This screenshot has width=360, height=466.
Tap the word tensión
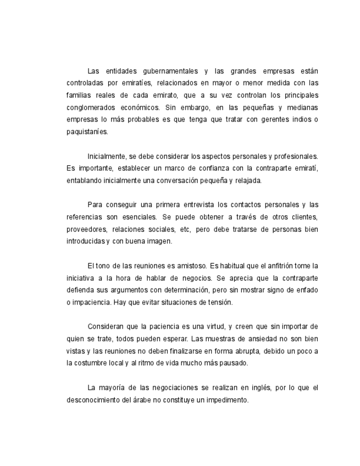coord(220,302)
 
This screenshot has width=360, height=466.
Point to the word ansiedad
coord(250,339)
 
